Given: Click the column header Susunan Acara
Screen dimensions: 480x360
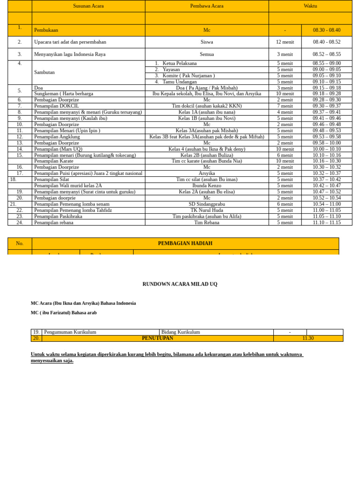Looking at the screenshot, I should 88,6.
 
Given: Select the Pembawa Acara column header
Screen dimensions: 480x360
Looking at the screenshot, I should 207,6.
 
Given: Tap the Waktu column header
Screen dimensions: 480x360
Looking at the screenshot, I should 310,6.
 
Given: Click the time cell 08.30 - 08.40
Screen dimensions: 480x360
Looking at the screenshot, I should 327,30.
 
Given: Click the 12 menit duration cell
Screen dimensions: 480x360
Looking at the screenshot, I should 285,42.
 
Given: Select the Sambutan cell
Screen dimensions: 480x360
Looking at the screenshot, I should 45,73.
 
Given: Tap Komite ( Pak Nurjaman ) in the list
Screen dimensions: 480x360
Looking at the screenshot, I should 188,75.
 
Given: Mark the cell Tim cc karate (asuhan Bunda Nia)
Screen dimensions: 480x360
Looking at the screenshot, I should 207,161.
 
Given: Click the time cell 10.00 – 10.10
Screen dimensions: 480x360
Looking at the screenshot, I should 327,149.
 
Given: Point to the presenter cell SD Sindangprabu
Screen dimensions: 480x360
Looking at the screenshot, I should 207,204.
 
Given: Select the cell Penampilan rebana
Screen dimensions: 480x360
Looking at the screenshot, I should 54,223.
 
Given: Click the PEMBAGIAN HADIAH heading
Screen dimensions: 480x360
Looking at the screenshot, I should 185,243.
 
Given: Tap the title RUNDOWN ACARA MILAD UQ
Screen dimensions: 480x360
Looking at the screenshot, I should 180,284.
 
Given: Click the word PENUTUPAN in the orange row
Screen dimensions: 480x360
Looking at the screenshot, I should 157,338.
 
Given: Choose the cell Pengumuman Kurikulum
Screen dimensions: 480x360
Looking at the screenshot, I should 70,332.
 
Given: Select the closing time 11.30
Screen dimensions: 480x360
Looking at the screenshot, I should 308,338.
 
